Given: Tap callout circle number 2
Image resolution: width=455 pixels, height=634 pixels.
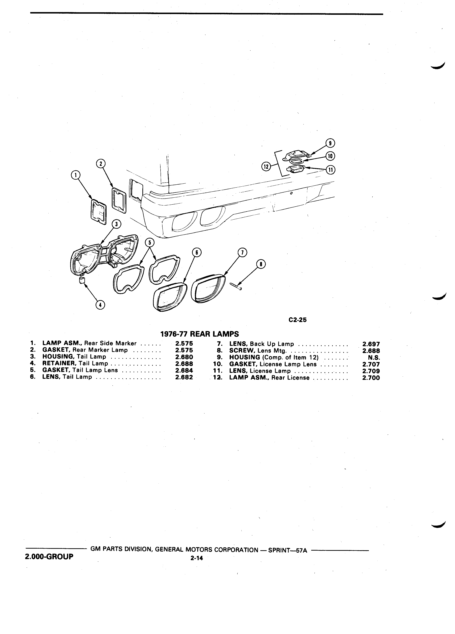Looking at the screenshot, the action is click(100, 164).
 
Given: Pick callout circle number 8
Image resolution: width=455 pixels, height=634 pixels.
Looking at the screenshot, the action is click(261, 264).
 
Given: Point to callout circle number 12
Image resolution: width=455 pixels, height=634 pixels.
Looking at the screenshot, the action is click(266, 167).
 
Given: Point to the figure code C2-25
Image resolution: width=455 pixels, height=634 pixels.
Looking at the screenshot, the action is click(298, 320).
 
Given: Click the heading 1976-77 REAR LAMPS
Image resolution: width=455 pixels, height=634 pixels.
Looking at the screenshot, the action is click(200, 334).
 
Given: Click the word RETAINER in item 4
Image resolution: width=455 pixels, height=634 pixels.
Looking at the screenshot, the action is click(60, 363).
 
